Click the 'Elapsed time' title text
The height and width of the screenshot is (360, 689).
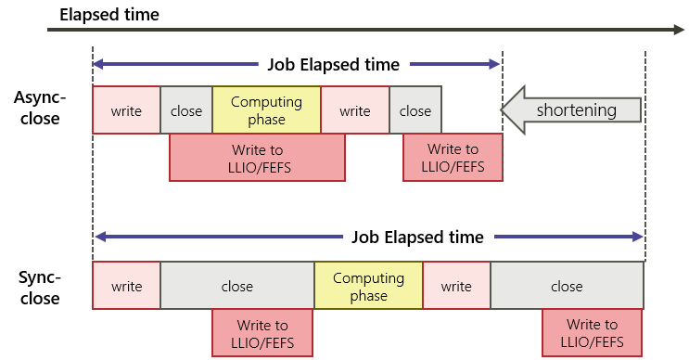tap(109, 15)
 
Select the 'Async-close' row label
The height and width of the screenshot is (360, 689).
tap(37, 108)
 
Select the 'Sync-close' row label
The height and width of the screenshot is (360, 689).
tap(37, 288)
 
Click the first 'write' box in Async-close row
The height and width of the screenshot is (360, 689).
tap(126, 110)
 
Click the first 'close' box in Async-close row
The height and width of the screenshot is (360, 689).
tap(186, 110)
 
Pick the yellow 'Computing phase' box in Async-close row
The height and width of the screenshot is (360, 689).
tap(266, 110)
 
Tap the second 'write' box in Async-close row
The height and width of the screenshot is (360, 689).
tap(355, 110)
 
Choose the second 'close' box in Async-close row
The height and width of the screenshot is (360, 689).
tap(415, 110)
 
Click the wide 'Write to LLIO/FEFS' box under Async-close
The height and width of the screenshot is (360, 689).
tap(257, 158)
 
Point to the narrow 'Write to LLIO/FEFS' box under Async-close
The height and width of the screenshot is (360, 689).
tap(453, 158)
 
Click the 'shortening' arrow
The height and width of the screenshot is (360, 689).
tap(572, 110)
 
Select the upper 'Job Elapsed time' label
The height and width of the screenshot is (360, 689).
tap(333, 65)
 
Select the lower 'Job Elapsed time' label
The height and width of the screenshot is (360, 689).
tap(417, 237)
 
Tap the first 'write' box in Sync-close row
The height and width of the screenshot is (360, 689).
tap(126, 286)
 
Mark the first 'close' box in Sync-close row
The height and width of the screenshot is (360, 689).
tap(237, 286)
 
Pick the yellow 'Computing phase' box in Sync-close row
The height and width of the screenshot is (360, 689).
tap(368, 286)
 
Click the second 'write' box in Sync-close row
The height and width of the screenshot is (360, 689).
tap(456, 286)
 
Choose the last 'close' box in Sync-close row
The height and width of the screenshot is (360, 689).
tap(567, 286)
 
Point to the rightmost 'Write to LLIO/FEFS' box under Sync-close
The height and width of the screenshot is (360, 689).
tap(592, 333)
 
